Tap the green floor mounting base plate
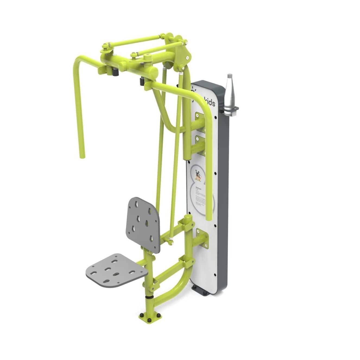(x=150, y=315)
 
